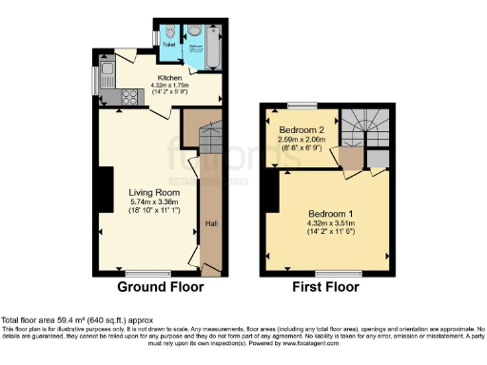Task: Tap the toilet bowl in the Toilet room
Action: pos(168,31)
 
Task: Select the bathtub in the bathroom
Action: pos(211,45)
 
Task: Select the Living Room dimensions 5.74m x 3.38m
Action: pos(153,202)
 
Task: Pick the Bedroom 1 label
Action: pos(328,213)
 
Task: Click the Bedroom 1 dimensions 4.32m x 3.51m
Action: pos(328,223)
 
